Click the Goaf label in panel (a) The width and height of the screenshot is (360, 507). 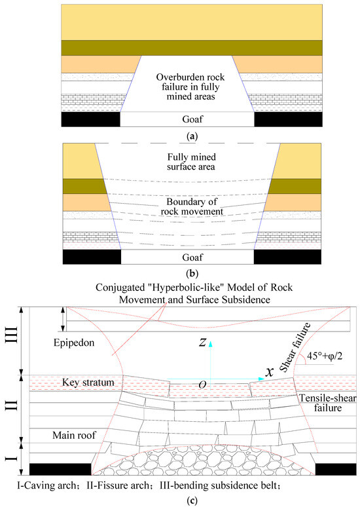point(187,120)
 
